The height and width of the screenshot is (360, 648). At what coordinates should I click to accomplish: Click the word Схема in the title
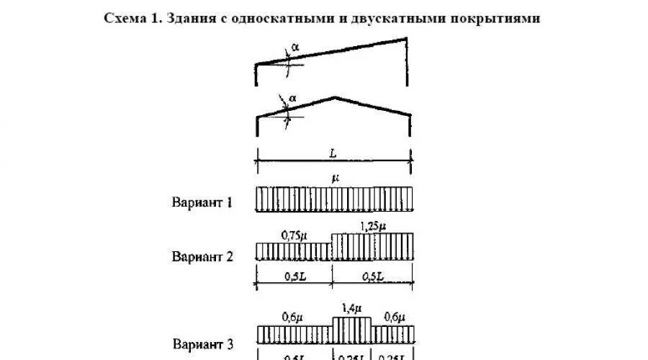click(123, 19)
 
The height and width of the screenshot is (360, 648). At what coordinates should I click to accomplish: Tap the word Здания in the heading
click(193, 19)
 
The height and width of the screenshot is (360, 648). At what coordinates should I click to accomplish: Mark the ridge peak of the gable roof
click(334, 96)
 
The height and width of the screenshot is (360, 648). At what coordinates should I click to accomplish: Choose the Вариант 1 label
click(202, 202)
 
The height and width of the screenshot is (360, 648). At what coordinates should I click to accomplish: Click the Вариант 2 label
click(202, 256)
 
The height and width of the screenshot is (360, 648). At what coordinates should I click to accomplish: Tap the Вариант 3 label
click(202, 345)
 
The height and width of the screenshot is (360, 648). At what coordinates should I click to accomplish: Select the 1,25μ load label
click(372, 226)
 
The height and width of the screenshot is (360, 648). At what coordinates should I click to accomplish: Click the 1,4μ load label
click(352, 309)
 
